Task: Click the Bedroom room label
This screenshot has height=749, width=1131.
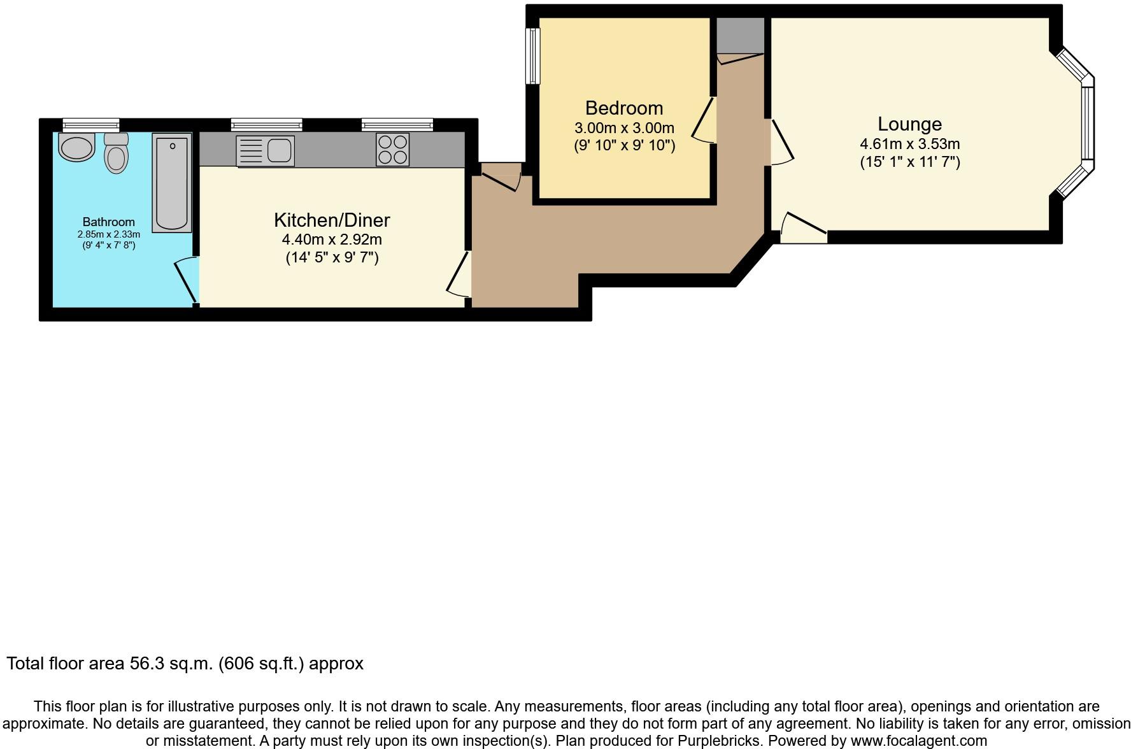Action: (x=624, y=108)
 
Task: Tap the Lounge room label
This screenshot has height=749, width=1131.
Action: (x=909, y=124)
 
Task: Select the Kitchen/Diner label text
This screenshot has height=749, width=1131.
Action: (x=332, y=220)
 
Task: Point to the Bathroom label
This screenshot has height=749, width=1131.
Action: (x=109, y=222)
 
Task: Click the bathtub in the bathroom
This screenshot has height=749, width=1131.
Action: (x=172, y=183)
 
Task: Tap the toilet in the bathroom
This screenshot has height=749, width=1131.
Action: (x=116, y=152)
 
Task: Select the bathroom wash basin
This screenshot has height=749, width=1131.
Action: (x=76, y=146)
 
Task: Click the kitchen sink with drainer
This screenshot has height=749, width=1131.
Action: (x=265, y=151)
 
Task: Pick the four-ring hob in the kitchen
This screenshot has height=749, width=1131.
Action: (x=392, y=150)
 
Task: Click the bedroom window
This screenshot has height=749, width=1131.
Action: (x=532, y=55)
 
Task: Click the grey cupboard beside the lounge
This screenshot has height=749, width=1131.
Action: (x=740, y=36)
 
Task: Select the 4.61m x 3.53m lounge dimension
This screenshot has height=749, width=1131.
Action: (x=909, y=144)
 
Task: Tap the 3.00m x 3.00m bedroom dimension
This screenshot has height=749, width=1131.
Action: (x=624, y=128)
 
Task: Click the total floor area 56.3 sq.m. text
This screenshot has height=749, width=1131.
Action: (x=185, y=664)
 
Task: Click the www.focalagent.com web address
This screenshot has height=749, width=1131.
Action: (x=918, y=741)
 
